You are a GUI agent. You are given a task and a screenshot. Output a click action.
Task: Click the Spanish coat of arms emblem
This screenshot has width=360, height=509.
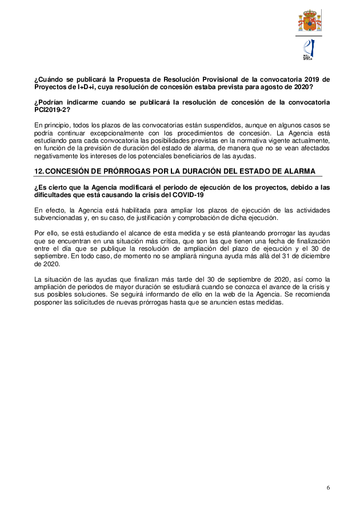pos(309,21)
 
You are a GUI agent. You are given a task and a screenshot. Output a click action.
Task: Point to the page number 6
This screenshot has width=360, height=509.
pos(328,487)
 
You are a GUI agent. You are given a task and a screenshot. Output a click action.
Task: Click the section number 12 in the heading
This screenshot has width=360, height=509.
pos(39,172)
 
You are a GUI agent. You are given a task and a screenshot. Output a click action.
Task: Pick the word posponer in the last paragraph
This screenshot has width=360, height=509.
pos(47,302)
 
